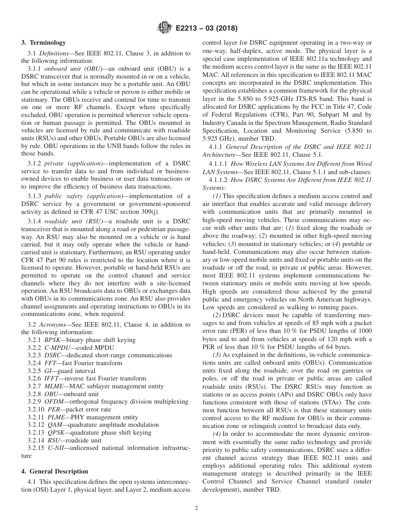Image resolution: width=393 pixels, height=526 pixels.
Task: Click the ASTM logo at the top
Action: (x=164, y=29)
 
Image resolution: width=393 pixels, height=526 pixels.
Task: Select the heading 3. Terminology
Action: (x=43, y=43)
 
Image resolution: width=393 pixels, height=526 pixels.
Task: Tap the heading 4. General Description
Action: (x=55, y=471)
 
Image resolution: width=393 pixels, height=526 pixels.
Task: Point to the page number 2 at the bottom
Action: (x=196, y=508)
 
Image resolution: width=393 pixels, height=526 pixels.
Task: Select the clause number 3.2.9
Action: (x=34, y=402)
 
